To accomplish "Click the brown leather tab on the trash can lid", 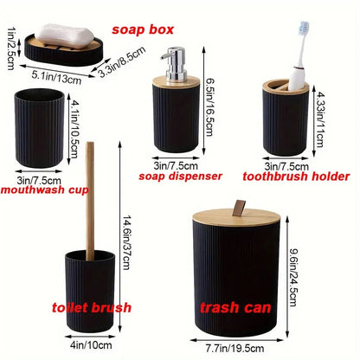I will pyautogui.click(x=240, y=206).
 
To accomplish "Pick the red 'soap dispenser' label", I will pyautogui.click(x=180, y=175).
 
